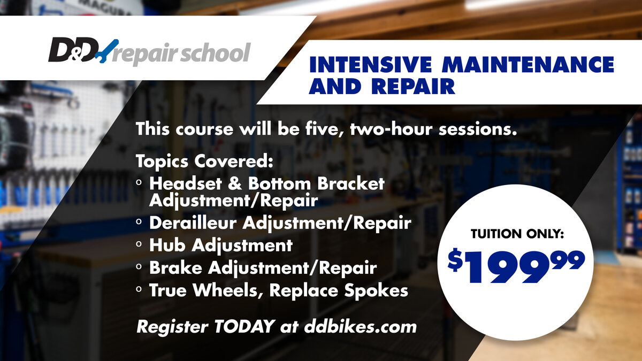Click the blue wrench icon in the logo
pos(108,51)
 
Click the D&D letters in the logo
pos(73,50)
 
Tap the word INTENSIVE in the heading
pos(371,65)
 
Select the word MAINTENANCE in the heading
pos(528,65)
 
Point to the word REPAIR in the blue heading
pos(413,86)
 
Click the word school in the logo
pos(216,53)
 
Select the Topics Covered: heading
pos(204,161)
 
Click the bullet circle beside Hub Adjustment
pos(139,244)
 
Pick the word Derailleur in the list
pos(193,222)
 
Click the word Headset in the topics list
pos(186,183)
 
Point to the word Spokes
pos(376,290)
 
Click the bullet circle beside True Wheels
pos(139,289)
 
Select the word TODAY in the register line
pos(244,326)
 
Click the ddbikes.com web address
pos(360,326)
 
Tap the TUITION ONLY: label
pos(517,234)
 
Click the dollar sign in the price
pos(455,260)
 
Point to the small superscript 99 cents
pos(569,260)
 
